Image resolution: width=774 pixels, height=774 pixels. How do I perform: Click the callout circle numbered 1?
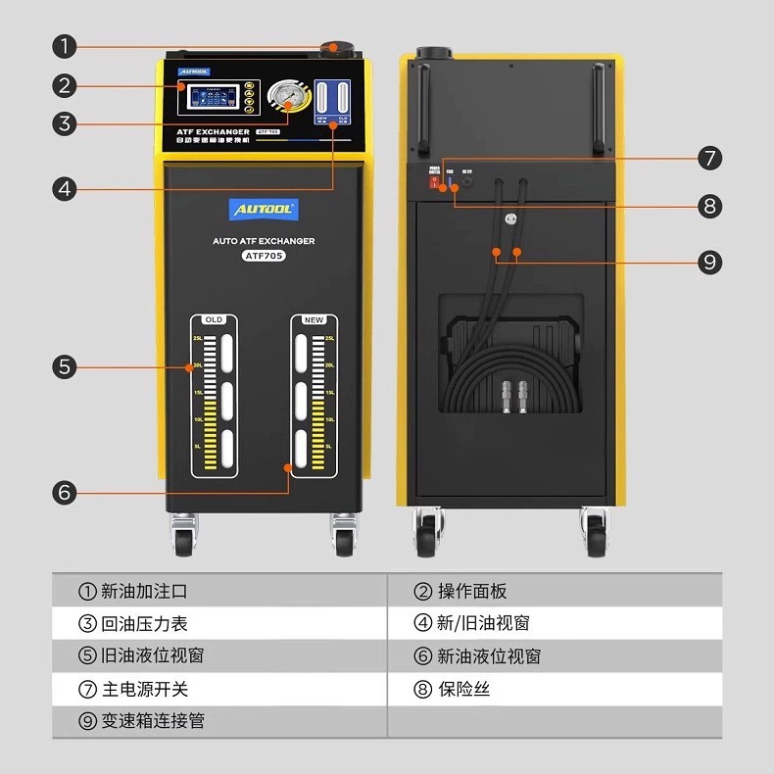click(x=65, y=46)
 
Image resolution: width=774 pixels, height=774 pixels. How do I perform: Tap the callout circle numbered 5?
click(x=65, y=367)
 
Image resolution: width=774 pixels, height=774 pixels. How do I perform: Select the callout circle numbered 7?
click(x=710, y=158)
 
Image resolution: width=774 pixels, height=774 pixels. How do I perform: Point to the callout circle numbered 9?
click(x=710, y=262)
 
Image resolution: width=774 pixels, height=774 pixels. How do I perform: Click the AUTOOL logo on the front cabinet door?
click(x=264, y=210)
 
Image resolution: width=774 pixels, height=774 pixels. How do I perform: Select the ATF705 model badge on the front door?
click(x=264, y=256)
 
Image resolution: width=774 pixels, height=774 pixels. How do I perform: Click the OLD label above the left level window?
click(x=214, y=319)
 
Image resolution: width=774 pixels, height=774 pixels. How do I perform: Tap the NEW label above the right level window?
click(x=314, y=319)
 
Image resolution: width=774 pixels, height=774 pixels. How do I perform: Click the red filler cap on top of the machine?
click(x=333, y=47)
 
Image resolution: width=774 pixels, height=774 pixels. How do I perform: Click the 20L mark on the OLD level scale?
click(x=198, y=365)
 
